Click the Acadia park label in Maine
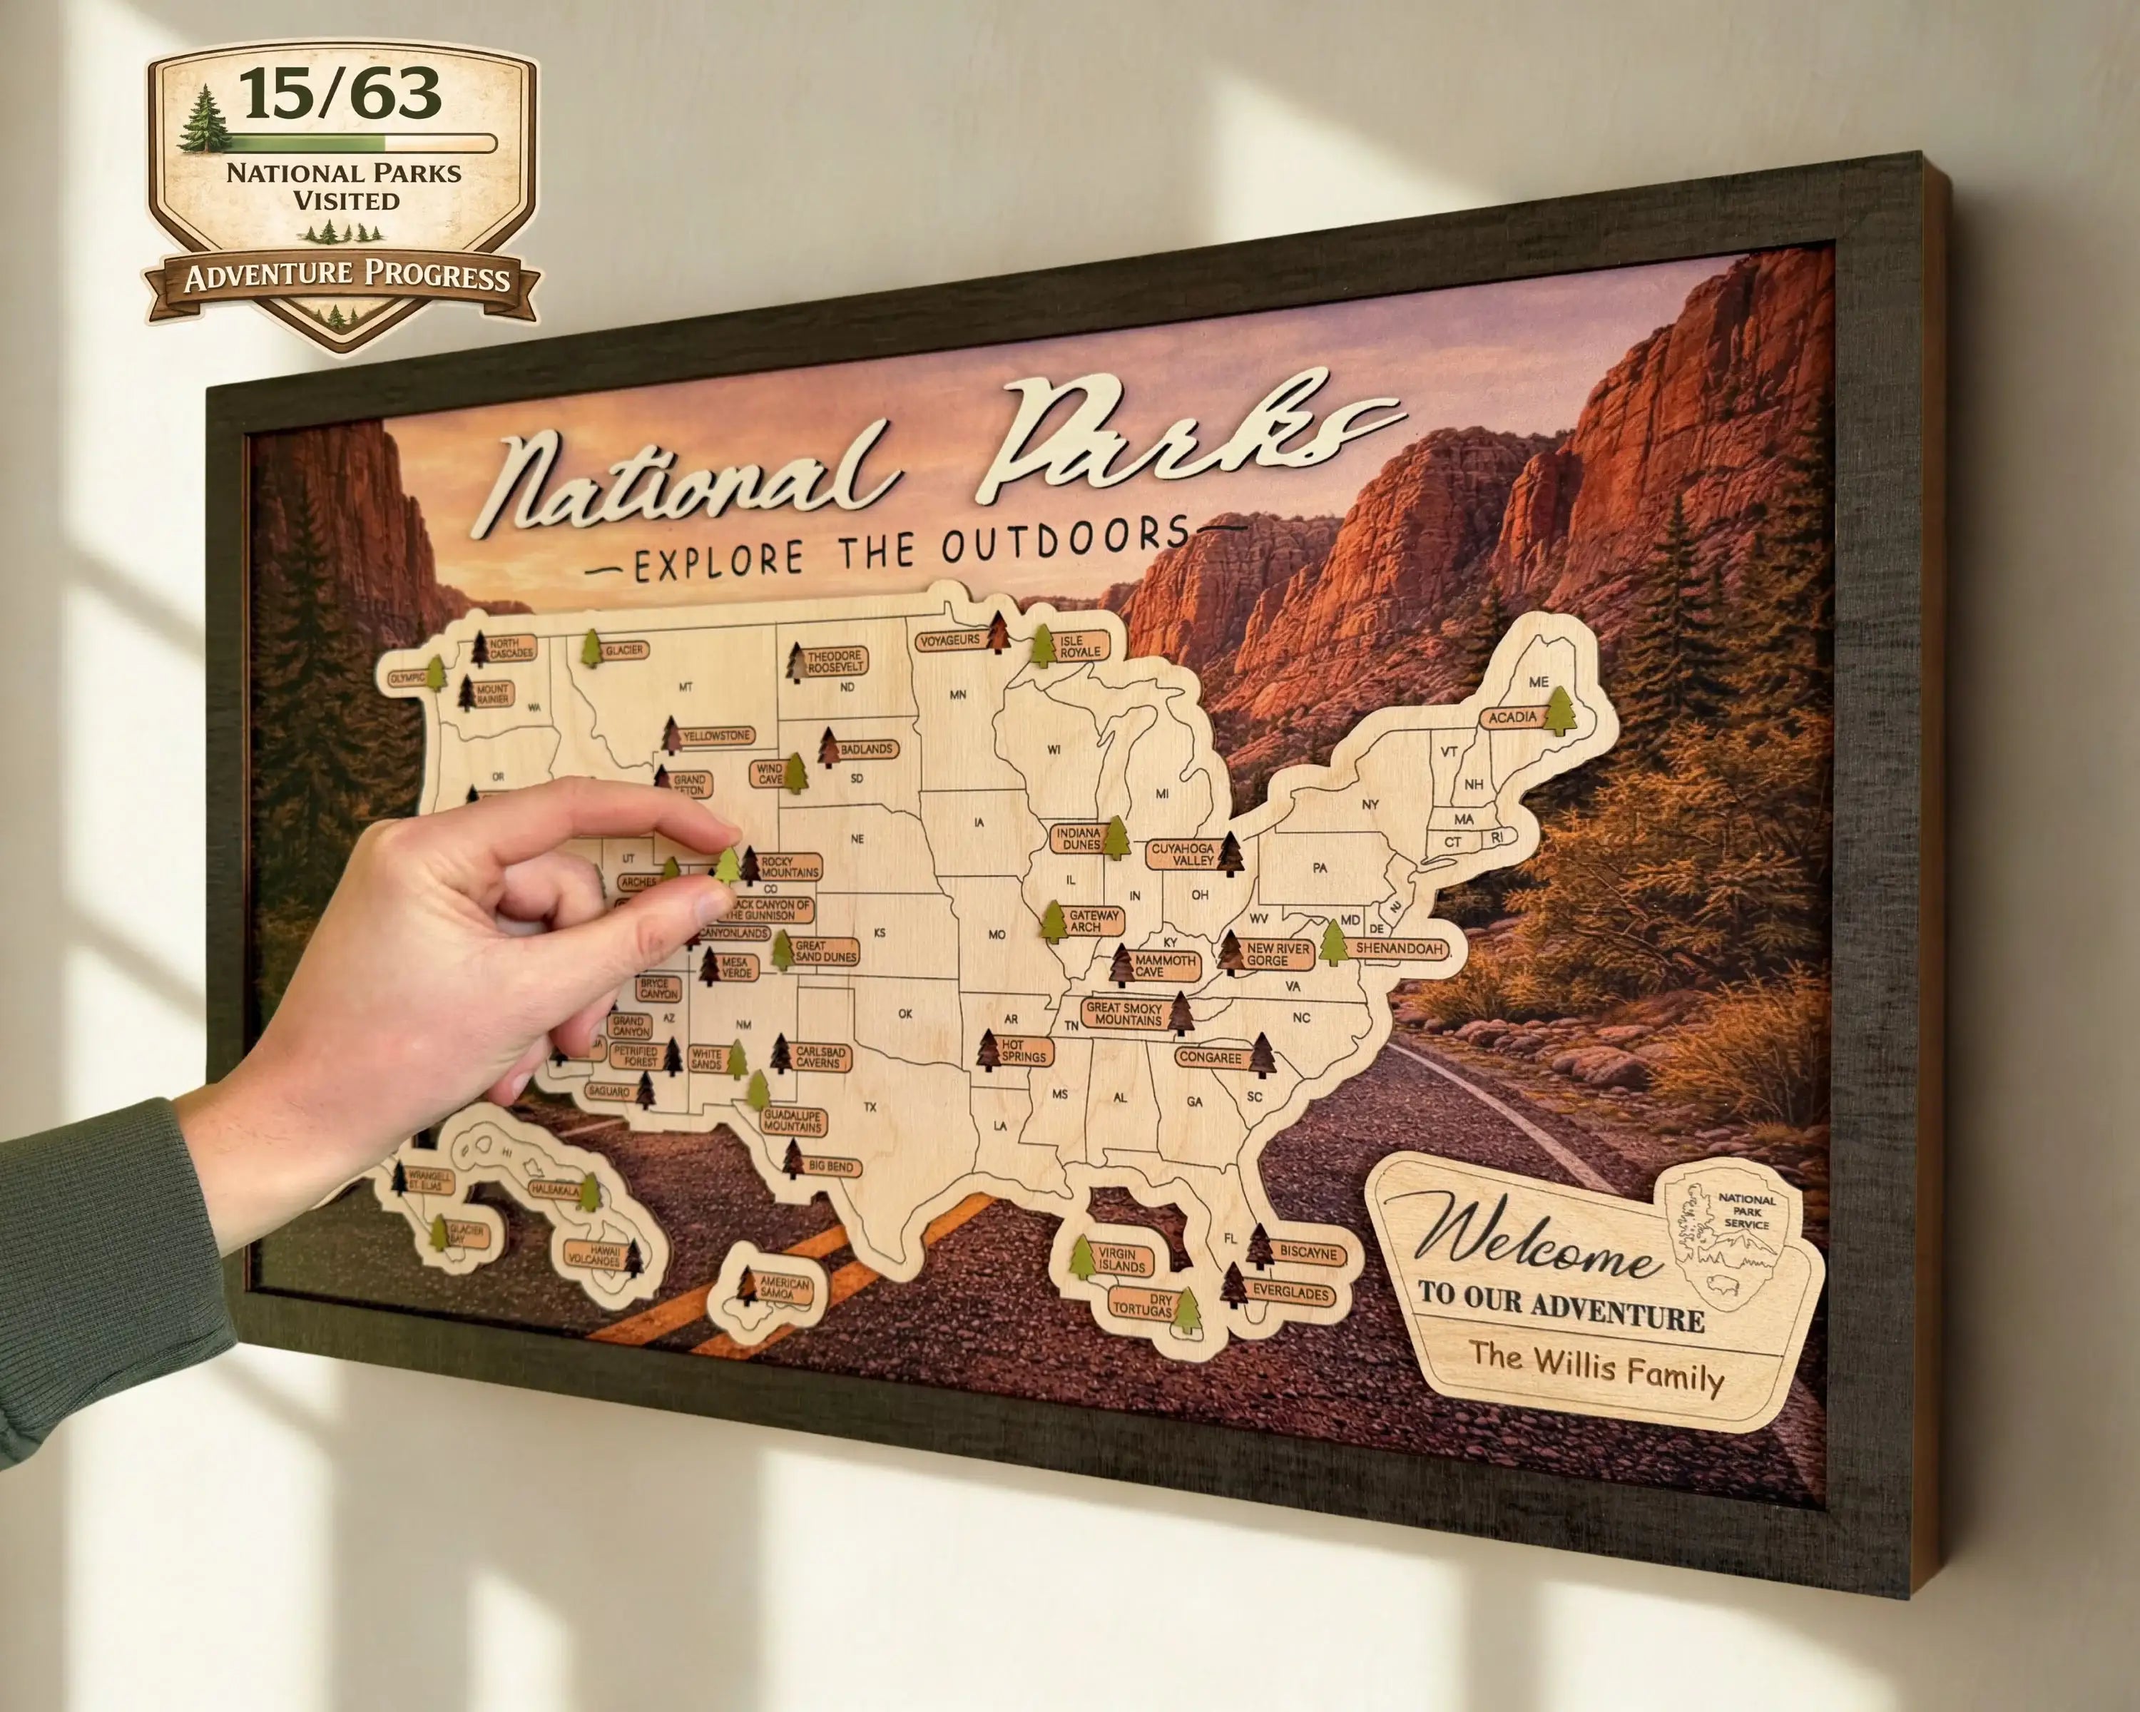click(1512, 718)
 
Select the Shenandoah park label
click(1399, 949)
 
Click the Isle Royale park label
click(1080, 646)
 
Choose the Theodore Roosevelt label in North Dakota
click(835, 662)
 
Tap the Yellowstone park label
click(715, 736)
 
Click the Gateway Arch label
click(1093, 921)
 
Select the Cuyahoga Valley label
click(1182, 855)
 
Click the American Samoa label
click(784, 1288)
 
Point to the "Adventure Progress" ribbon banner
click(347, 276)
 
